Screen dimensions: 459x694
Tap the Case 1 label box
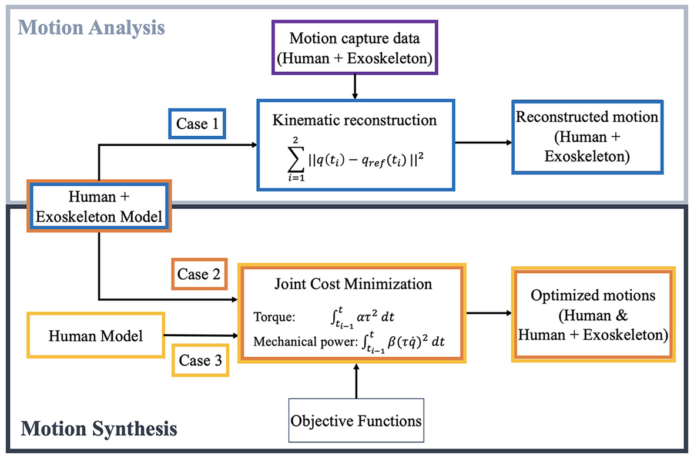pyautogui.click(x=196, y=124)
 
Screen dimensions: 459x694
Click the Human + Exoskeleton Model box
pyautogui.click(x=100, y=207)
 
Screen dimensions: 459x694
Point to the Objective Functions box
pyautogui.click(x=356, y=420)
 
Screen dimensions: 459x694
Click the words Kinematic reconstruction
pyautogui.click(x=355, y=120)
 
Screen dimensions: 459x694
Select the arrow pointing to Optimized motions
pyautogui.click(x=488, y=313)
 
